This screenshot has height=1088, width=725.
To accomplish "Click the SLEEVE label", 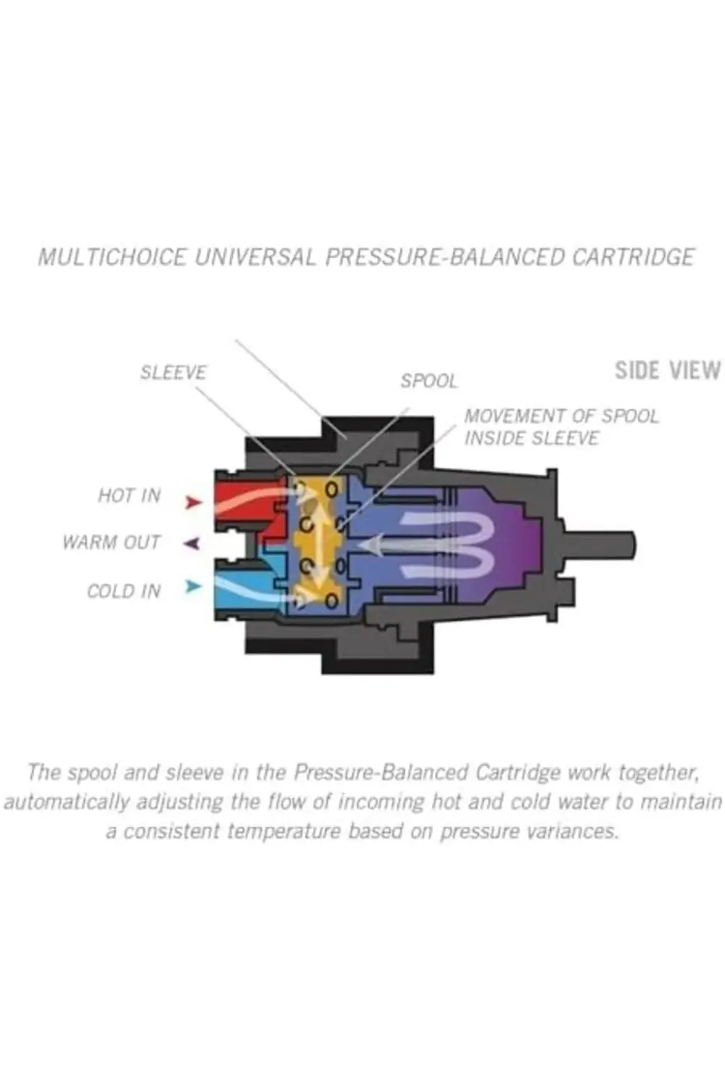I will (173, 373).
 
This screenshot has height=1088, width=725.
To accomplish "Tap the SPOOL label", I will (429, 382).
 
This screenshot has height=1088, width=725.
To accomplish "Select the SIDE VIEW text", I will (667, 371).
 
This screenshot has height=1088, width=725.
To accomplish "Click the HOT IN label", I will (129, 496).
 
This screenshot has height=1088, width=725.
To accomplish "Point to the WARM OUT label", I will (111, 543).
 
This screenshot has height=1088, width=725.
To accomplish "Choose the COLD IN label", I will (123, 591).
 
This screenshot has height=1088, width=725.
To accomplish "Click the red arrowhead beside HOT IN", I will (192, 502).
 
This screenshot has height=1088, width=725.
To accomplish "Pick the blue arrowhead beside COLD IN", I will (192, 586).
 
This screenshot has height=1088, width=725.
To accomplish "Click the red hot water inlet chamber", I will (243, 500).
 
